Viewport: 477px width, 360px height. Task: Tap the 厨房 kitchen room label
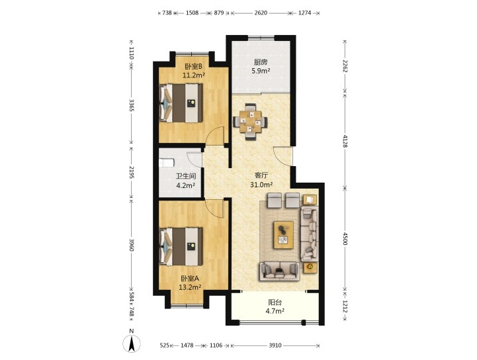(261, 62)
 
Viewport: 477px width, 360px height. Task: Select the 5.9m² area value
(261, 71)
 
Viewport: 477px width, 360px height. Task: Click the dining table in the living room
(250, 122)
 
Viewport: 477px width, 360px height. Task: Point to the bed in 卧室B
(181, 103)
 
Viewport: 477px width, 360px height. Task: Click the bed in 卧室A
(181, 247)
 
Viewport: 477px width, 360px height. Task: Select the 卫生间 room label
(185, 176)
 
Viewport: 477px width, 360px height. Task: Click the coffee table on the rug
(284, 235)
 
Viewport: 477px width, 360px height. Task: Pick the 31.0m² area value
(261, 185)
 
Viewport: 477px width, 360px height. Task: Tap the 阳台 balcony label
(275, 302)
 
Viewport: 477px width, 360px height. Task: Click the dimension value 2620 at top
(261, 13)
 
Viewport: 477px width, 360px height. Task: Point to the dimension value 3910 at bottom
(275, 345)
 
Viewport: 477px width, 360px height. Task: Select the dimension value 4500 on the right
(345, 239)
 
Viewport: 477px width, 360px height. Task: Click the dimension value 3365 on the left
(132, 105)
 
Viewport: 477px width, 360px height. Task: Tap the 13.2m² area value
(190, 287)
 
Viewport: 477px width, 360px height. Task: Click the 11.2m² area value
(193, 75)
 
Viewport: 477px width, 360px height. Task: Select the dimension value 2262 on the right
(345, 66)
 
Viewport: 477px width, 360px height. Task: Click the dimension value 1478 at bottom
(187, 345)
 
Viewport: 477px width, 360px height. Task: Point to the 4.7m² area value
(275, 311)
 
